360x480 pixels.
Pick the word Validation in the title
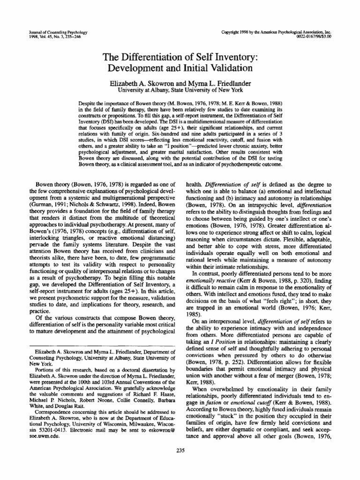pos(225,68)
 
